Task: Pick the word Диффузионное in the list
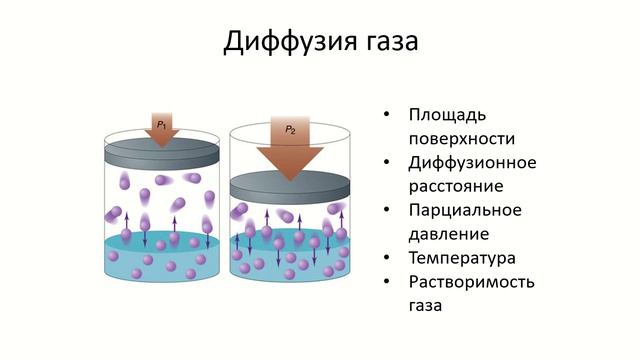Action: (x=473, y=162)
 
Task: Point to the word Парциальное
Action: (x=466, y=210)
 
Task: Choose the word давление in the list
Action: (x=449, y=234)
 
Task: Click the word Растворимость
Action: (x=472, y=282)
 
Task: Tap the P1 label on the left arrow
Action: (x=161, y=123)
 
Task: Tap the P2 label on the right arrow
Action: (x=290, y=129)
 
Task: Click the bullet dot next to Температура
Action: (x=387, y=259)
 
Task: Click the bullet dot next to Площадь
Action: (x=387, y=115)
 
